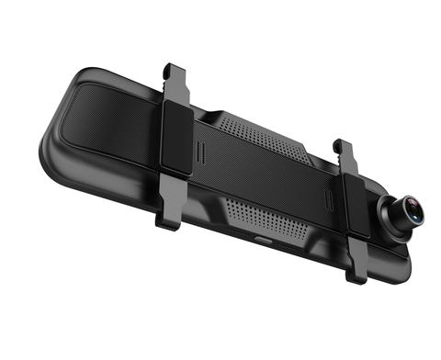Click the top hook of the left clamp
pyautogui.click(x=168, y=69)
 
